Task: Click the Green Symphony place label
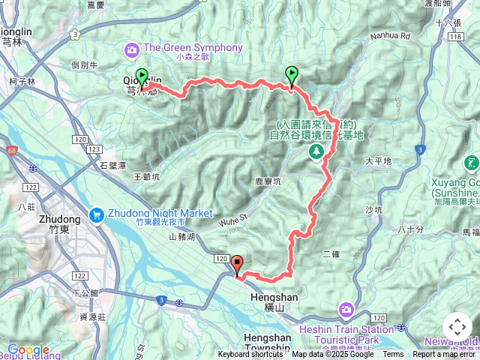tap(192, 48)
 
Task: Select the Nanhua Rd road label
tap(390, 35)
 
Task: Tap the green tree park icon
tap(316, 151)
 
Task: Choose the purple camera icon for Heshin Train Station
tap(346, 309)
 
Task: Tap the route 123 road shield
tap(94, 149)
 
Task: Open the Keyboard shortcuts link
tap(250, 355)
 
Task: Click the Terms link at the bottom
tap(393, 355)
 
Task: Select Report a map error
tap(445, 355)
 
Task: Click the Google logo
tap(28, 349)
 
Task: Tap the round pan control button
tap(457, 327)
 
